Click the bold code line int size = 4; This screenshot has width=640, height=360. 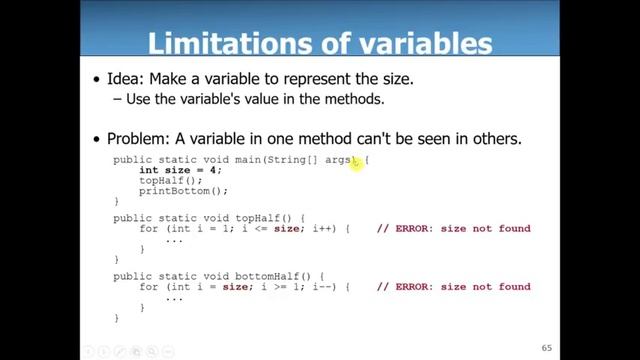tap(180, 170)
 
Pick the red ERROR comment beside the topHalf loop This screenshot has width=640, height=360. tap(453, 229)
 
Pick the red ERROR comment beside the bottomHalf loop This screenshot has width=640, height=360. tap(453, 287)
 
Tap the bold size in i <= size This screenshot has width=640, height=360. tap(288, 229)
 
